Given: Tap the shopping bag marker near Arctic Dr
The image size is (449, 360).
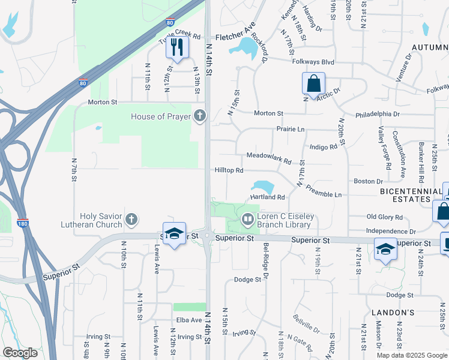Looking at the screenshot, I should [x=313, y=84].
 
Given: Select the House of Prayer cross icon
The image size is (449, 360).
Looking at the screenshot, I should [x=200, y=116].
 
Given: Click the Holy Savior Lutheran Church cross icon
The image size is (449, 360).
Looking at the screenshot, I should [x=132, y=220].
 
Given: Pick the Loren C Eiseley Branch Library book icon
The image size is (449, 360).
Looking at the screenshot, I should [x=247, y=220].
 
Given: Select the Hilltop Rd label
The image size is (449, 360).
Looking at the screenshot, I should [x=229, y=170].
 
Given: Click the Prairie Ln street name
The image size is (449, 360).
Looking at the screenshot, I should [x=291, y=128].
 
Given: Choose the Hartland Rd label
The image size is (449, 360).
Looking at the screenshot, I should [x=267, y=197].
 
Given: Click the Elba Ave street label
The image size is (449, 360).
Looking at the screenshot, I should [x=188, y=320].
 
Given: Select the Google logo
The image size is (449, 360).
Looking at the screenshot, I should [x=20, y=353].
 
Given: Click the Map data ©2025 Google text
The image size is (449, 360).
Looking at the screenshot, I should [x=411, y=355].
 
